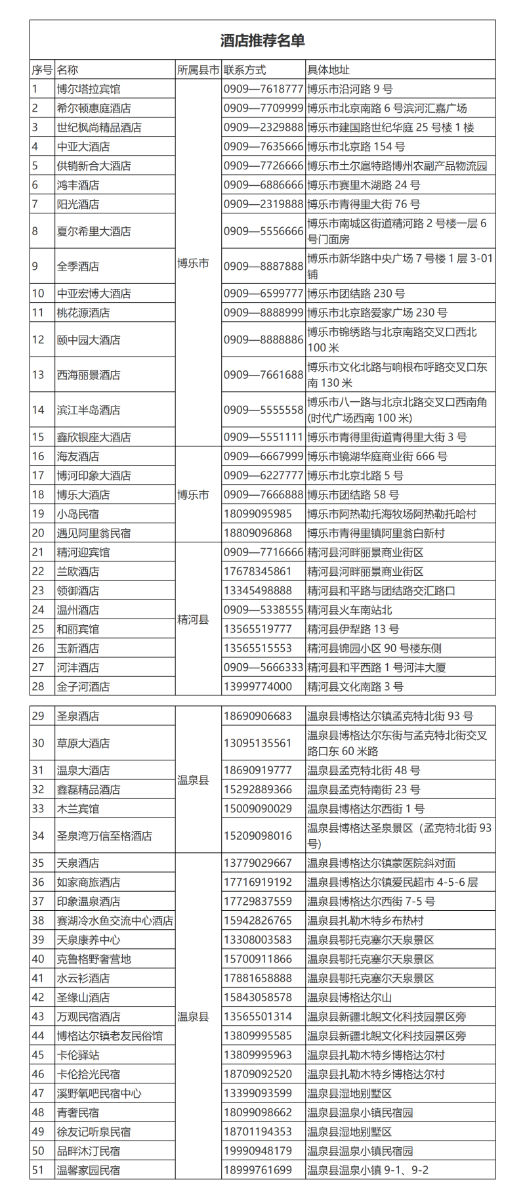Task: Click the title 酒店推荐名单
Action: (x=262, y=41)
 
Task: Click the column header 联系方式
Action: (x=245, y=70)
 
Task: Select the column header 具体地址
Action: (x=329, y=70)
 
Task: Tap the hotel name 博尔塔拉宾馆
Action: (x=89, y=89)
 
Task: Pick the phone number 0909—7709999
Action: (x=263, y=108)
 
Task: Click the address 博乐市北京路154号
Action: (x=356, y=146)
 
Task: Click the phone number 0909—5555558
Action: (x=263, y=410)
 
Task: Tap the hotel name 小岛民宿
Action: (x=78, y=513)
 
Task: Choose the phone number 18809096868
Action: (x=258, y=533)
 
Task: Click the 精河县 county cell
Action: (x=193, y=619)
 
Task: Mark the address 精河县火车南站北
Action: (x=350, y=609)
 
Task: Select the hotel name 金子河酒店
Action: (x=83, y=686)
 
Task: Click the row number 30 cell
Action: (x=38, y=743)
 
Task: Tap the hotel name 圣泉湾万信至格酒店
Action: (x=104, y=835)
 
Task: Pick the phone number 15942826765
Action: (x=258, y=920)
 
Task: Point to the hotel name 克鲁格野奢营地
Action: (x=94, y=959)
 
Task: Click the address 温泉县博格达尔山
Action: (x=350, y=997)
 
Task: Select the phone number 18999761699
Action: (x=258, y=1169)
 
